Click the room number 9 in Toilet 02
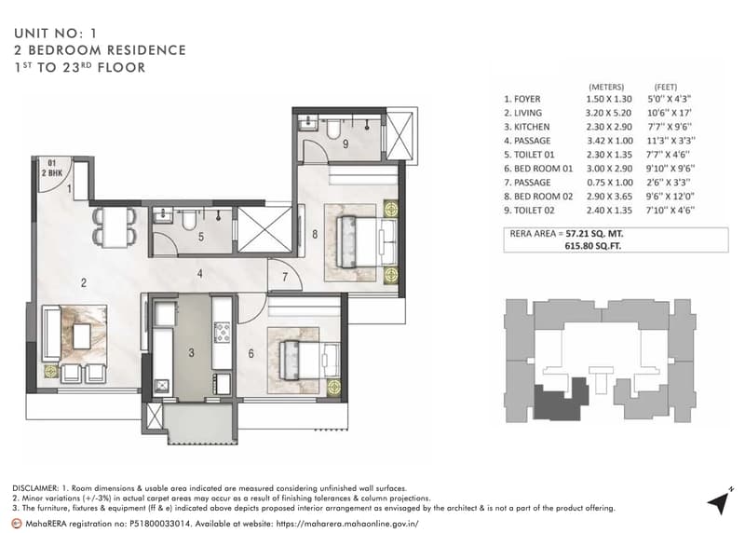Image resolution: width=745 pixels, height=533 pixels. (345, 143)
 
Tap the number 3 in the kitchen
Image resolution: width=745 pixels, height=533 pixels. (191, 353)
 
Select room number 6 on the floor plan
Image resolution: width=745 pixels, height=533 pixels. (251, 353)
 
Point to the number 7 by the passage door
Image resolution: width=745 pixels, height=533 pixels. (285, 277)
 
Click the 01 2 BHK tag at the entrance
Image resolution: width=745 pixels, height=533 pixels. (52, 169)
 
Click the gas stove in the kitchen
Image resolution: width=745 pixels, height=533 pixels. (222, 332)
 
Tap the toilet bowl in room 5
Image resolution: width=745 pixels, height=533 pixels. (189, 218)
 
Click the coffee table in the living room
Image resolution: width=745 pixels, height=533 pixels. (82, 335)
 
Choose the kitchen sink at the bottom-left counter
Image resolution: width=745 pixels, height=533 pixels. (161, 386)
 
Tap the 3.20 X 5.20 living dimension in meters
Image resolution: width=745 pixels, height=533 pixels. (609, 113)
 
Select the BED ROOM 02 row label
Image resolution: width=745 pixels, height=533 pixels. (538, 197)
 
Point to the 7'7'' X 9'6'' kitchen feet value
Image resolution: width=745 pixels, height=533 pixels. (670, 127)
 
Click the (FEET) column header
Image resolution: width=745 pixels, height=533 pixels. (666, 87)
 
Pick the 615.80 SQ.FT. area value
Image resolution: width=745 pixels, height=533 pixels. (593, 246)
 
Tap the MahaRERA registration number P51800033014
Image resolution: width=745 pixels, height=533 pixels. (159, 524)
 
